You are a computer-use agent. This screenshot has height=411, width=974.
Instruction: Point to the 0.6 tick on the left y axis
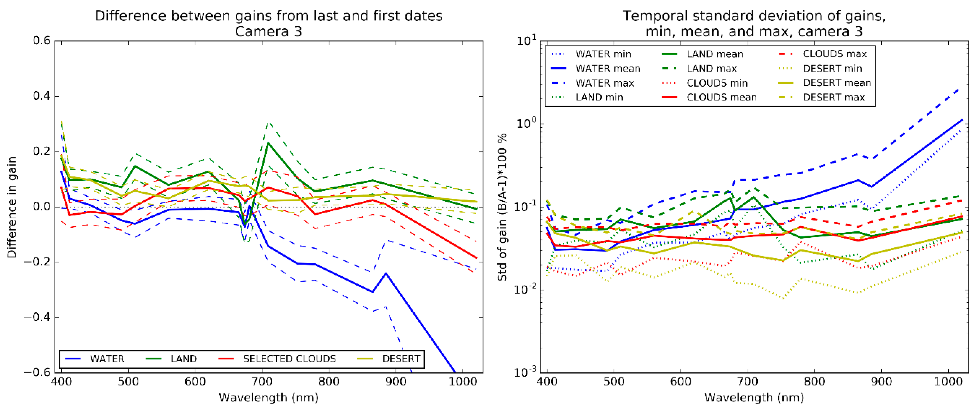click(42, 41)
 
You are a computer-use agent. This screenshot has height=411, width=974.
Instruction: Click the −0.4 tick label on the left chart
click(37, 317)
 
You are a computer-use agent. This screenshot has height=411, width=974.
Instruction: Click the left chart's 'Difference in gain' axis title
click(12, 207)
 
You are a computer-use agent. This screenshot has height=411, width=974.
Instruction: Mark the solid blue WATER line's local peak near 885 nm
click(386, 273)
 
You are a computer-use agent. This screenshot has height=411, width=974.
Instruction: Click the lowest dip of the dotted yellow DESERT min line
click(783, 299)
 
